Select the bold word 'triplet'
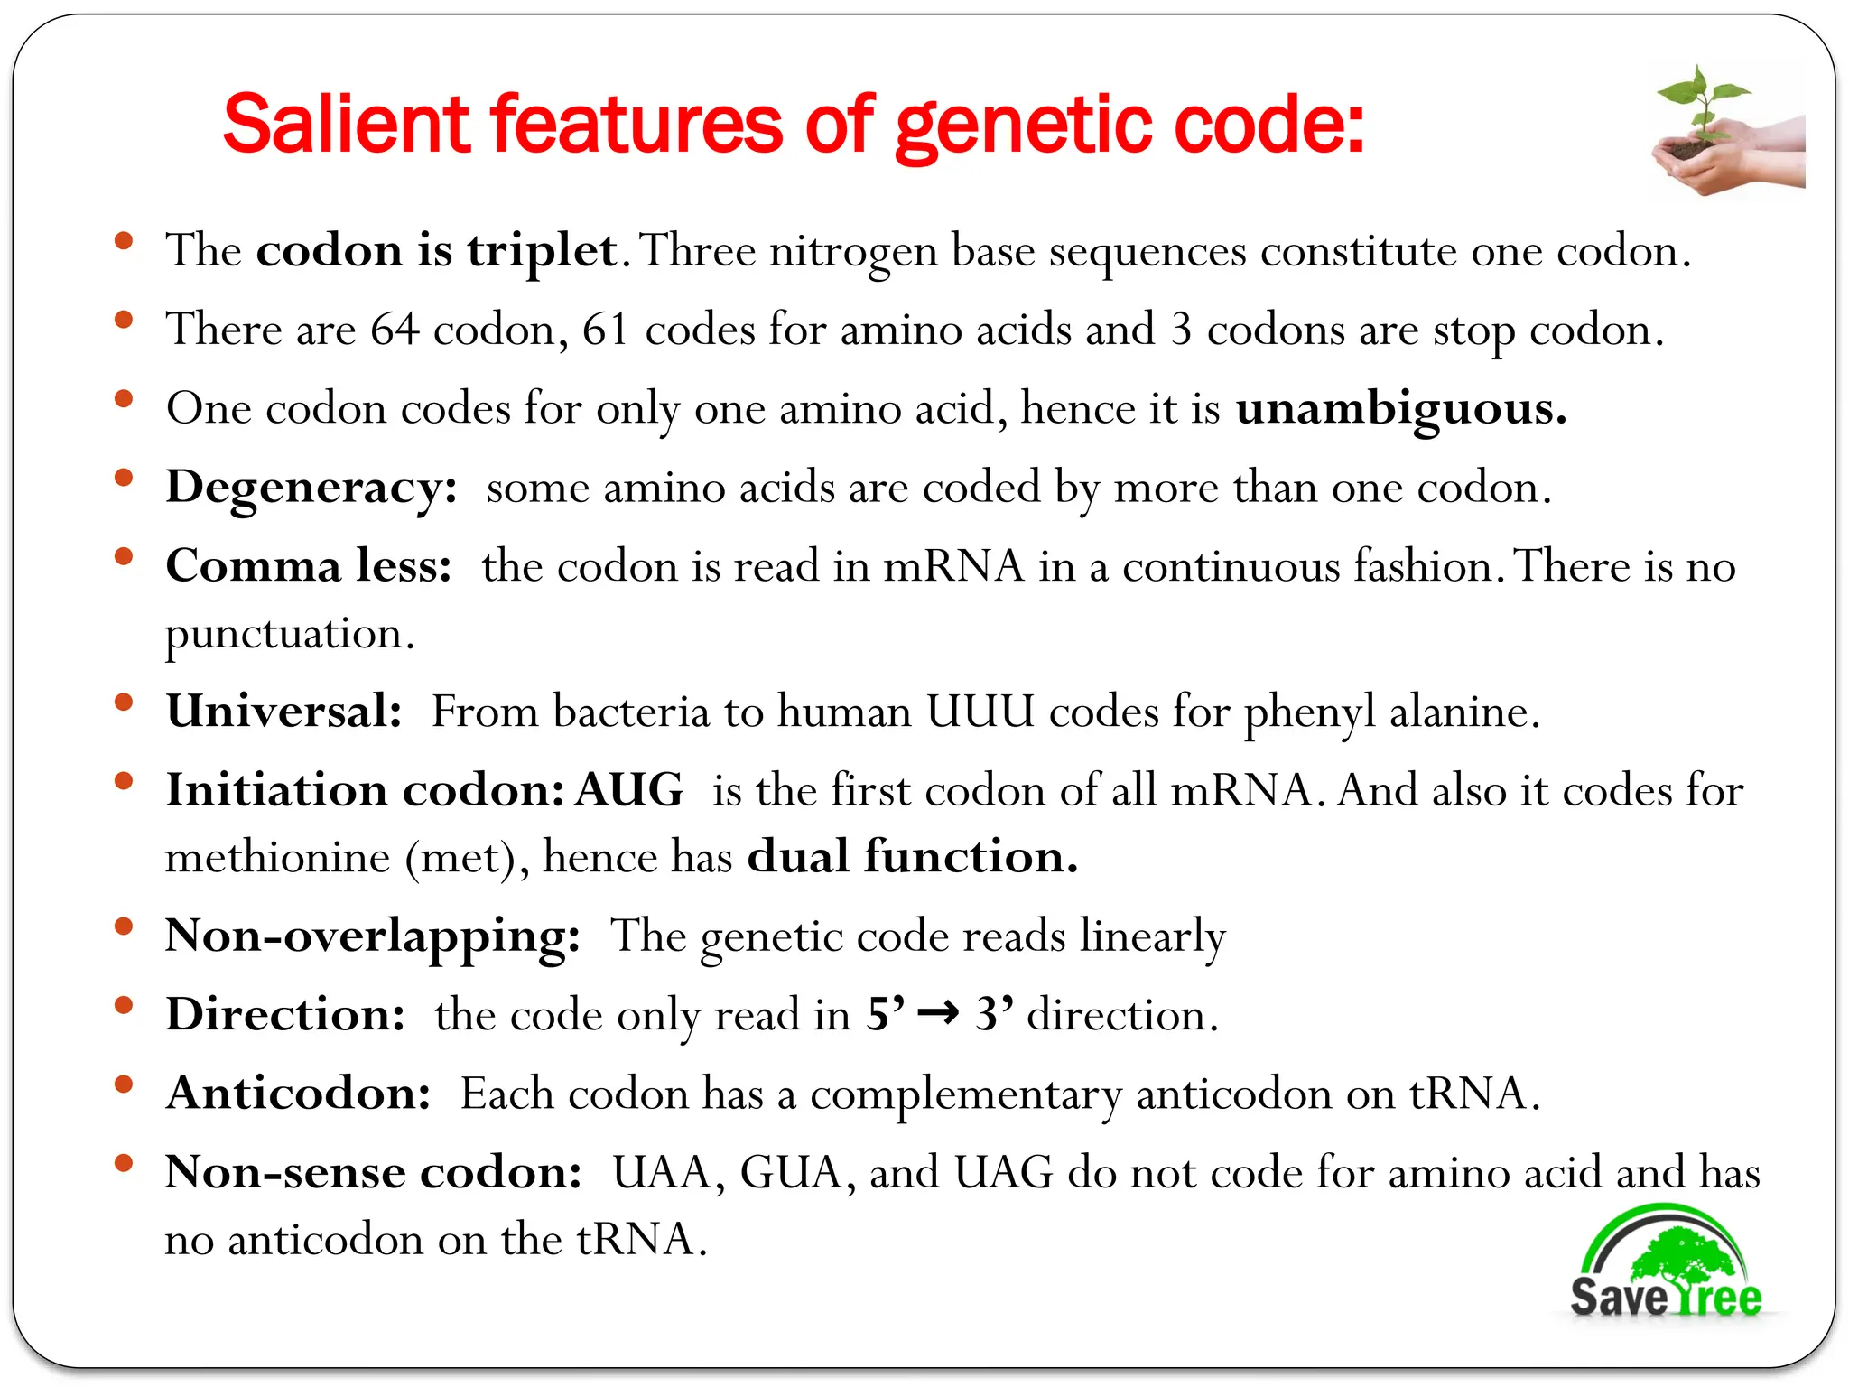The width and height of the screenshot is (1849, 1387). (542, 251)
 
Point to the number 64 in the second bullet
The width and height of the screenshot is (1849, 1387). (395, 329)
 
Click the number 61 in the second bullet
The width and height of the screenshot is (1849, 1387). (605, 329)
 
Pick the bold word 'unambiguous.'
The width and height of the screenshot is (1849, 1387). (1400, 408)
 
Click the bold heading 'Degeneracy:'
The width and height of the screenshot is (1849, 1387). (311, 489)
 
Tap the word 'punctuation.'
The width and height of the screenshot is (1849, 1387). (289, 634)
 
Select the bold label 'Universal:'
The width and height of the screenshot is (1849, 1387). (283, 712)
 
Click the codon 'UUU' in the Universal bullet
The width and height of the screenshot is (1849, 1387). (980, 712)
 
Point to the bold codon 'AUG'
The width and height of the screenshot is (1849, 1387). (629, 790)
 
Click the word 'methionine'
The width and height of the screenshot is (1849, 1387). (277, 856)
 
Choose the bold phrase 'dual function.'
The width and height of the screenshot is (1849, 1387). (913, 856)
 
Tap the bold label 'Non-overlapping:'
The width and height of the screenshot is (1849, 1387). (372, 936)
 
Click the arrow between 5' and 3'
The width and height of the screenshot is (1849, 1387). (938, 1013)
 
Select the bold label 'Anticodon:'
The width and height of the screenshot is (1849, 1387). (299, 1094)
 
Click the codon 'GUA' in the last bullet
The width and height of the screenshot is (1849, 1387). (791, 1173)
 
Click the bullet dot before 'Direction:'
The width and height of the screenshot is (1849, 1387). (125, 1005)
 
